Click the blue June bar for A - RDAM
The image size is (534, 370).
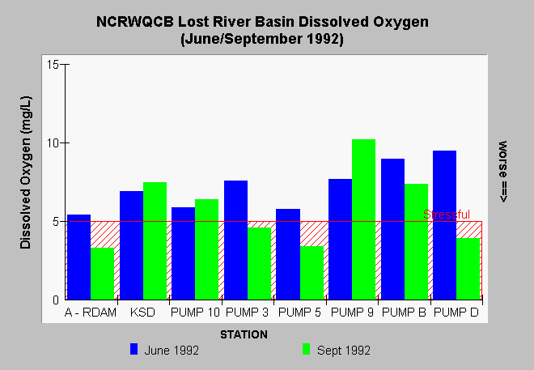(x=78, y=257)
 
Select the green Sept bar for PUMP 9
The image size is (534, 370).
(x=364, y=219)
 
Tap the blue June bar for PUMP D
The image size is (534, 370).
(x=444, y=225)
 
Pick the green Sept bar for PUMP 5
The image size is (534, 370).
(x=312, y=273)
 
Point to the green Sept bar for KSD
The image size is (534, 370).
(x=155, y=241)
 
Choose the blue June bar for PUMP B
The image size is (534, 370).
(x=392, y=229)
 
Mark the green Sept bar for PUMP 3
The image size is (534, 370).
(x=260, y=264)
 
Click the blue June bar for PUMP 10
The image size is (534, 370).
(x=183, y=253)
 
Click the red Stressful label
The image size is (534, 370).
(x=447, y=215)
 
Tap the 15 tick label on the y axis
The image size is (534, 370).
(x=53, y=65)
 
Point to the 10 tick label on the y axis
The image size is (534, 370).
(x=53, y=143)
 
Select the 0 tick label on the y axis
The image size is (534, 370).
(x=56, y=300)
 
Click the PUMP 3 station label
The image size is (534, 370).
(x=247, y=312)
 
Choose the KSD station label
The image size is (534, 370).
(x=142, y=312)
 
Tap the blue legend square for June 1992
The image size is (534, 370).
(x=133, y=349)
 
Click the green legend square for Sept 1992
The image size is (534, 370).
(x=306, y=349)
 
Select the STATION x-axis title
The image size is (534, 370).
(x=244, y=334)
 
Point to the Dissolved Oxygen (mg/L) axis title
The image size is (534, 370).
(x=26, y=172)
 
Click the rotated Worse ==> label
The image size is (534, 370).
(x=502, y=172)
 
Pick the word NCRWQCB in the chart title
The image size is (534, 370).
(x=135, y=22)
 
